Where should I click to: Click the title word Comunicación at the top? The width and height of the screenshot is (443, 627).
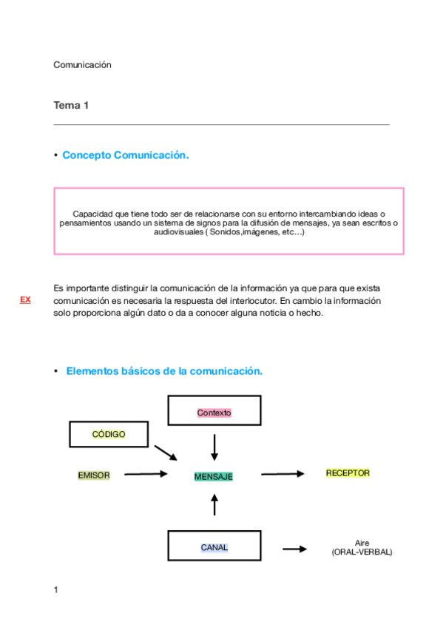pyautogui.click(x=82, y=65)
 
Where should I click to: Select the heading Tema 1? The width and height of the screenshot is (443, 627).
pyautogui.click(x=71, y=106)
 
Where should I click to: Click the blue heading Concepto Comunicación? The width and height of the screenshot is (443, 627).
pyautogui.click(x=125, y=155)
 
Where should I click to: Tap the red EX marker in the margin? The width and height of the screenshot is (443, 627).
pyautogui.click(x=25, y=299)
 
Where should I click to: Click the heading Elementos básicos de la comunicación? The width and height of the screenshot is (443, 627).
pyautogui.click(x=164, y=371)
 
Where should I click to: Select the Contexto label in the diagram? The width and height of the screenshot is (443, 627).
pyautogui.click(x=214, y=413)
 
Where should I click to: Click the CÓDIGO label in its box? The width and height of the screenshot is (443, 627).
pyautogui.click(x=109, y=434)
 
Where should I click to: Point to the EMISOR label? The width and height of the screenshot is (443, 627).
pyautogui.click(x=93, y=475)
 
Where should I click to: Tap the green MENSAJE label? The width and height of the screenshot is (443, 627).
pyautogui.click(x=213, y=477)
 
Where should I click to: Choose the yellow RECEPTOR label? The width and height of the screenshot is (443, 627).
pyautogui.click(x=348, y=473)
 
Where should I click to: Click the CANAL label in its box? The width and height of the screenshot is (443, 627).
pyautogui.click(x=214, y=548)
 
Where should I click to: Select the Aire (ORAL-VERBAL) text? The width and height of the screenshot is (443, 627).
pyautogui.click(x=362, y=548)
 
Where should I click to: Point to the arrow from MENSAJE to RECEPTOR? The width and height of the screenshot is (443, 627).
pyautogui.click(x=283, y=474)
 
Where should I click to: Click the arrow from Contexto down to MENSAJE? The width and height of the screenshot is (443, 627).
pyautogui.click(x=214, y=447)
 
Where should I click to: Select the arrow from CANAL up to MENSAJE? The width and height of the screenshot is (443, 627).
pyautogui.click(x=214, y=505)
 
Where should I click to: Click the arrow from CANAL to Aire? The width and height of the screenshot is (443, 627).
pyautogui.click(x=295, y=549)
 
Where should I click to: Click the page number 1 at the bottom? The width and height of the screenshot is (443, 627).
pyautogui.click(x=55, y=590)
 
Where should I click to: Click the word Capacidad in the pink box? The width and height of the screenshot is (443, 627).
pyautogui.click(x=91, y=214)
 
